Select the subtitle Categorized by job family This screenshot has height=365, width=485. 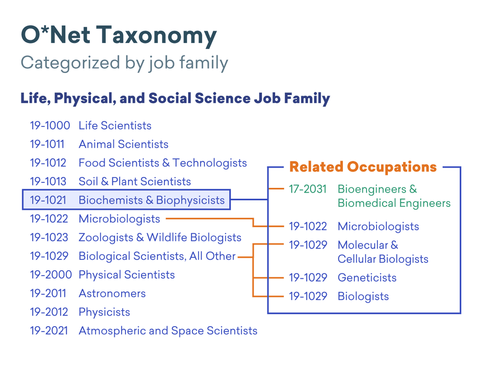click(x=125, y=63)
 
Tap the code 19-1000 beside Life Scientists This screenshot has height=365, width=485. click(x=50, y=125)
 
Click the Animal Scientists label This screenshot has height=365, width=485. click(x=124, y=144)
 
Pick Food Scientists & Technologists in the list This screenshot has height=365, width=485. click(x=163, y=163)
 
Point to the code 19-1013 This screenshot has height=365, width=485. click(x=48, y=181)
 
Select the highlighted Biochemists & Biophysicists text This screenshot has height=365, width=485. click(x=152, y=200)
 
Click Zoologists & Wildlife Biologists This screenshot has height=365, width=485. click(x=160, y=237)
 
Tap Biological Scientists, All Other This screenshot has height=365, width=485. click(x=157, y=256)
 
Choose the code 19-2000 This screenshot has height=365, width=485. click(x=51, y=275)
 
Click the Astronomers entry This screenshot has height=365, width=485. click(x=112, y=294)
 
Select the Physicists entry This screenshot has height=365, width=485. click(x=104, y=312)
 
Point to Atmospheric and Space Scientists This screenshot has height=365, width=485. click(x=168, y=331)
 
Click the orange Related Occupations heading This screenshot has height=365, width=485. click(x=363, y=167)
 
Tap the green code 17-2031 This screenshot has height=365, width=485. click(x=308, y=189)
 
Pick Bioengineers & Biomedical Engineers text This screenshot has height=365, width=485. click(x=394, y=196)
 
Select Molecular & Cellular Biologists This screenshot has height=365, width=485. click(x=383, y=252)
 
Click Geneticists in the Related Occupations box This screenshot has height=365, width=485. click(x=367, y=277)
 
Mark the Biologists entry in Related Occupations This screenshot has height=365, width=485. click(x=363, y=296)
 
